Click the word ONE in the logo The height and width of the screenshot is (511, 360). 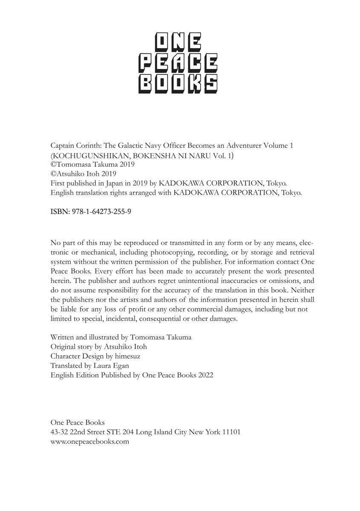(178, 44)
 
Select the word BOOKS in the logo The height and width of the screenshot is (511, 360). (178, 84)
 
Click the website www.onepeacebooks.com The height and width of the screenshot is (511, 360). (89, 442)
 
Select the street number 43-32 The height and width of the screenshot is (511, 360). (59, 432)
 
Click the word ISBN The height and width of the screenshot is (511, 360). (58, 211)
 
